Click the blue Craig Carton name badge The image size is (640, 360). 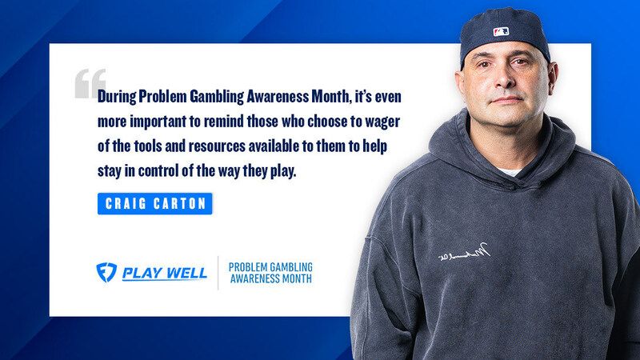[x=154, y=203]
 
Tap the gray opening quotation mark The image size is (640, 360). [x=90, y=83]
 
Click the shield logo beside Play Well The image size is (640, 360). [x=106, y=272]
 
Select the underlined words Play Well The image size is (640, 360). [x=165, y=273]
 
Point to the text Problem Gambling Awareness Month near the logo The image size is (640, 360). [x=270, y=272]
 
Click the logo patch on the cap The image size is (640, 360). [x=501, y=31]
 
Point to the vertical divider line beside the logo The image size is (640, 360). [x=218, y=272]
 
